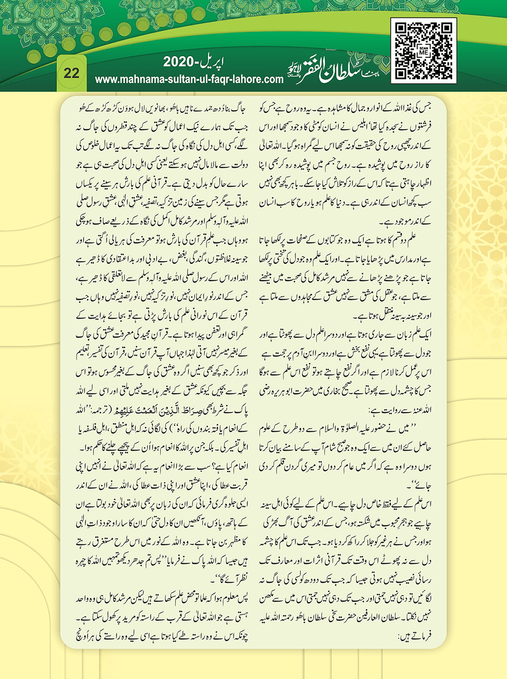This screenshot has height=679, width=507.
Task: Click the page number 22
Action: click(x=72, y=73)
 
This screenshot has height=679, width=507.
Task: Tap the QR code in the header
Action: click(x=423, y=51)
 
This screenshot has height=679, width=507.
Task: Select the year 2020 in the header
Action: click(x=181, y=62)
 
